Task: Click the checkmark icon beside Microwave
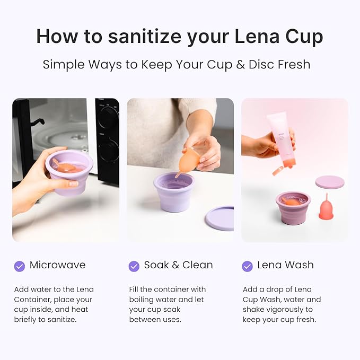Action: [x=20, y=266]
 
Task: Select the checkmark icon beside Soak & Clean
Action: [x=134, y=266]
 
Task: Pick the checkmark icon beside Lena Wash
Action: [x=247, y=266]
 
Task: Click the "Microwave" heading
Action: [x=57, y=265]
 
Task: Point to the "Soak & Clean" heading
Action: [x=178, y=265]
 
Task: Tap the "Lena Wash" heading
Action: [x=285, y=265]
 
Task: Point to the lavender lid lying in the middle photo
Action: [x=219, y=218]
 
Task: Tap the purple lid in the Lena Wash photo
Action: [x=330, y=182]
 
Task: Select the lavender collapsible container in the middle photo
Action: [x=173, y=191]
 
